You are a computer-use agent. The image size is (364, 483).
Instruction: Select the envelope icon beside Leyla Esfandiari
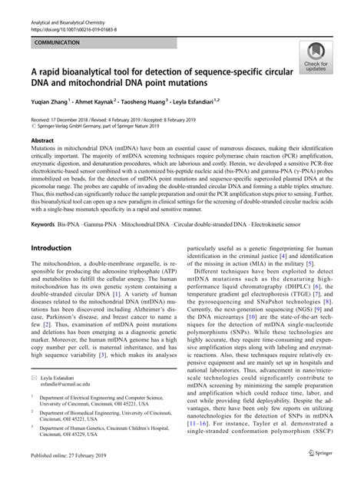tap(33, 400)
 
